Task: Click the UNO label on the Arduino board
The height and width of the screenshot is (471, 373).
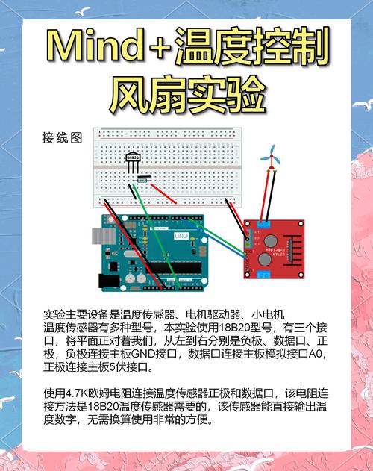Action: (181, 236)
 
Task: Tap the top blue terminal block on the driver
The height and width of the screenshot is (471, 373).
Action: (263, 223)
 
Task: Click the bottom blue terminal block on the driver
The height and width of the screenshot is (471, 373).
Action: (263, 274)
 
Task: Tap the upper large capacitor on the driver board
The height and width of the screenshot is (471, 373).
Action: (268, 238)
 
